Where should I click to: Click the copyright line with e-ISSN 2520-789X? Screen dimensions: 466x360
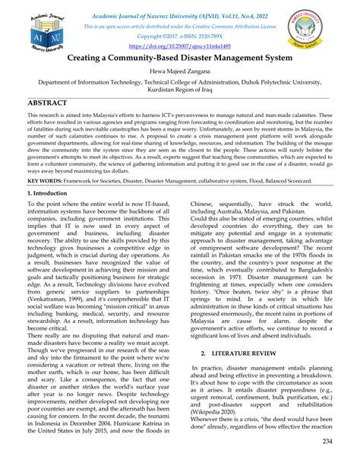tap(181, 36)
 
